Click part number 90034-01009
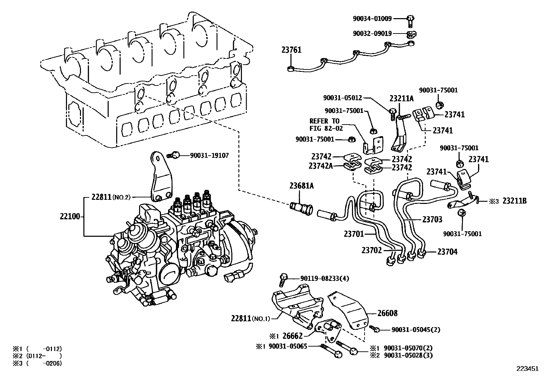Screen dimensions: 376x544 372,18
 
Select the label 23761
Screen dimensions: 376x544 291,50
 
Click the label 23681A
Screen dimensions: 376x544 301,186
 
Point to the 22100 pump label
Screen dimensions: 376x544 70,216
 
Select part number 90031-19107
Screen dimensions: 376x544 209,156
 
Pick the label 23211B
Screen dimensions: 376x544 514,201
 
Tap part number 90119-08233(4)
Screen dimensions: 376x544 325,278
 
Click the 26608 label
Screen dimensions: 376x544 387,313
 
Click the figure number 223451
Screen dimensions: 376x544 527,369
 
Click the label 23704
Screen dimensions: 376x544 447,252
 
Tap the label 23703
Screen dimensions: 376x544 432,219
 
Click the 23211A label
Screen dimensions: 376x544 402,99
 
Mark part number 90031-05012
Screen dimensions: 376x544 342,98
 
